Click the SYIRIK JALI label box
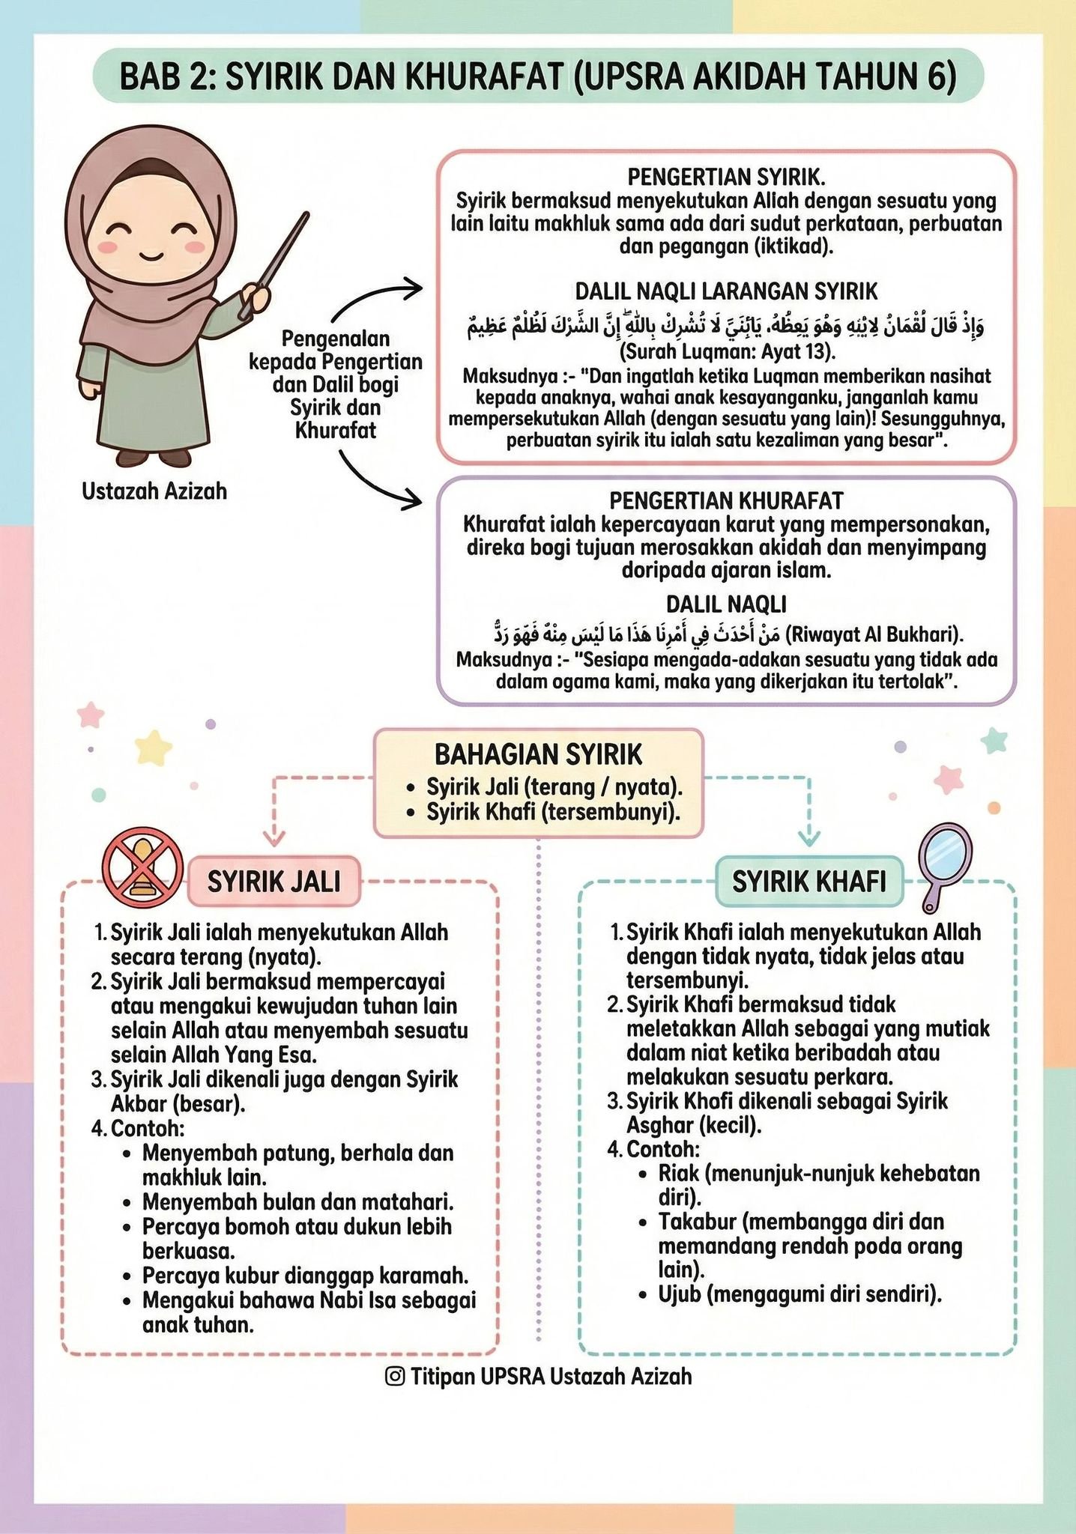[273, 881]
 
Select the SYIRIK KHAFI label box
[808, 881]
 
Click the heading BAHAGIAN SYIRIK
[538, 754]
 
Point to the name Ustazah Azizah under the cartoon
[154, 491]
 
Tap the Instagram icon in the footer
[395, 1376]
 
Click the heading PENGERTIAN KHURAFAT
[726, 500]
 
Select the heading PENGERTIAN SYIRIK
[726, 177]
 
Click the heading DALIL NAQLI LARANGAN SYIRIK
[726, 291]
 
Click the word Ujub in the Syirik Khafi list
[679, 1294]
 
